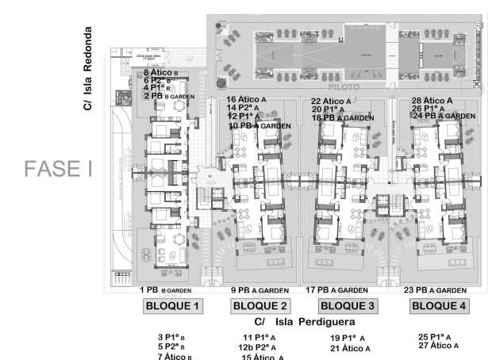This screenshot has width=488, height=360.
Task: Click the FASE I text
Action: [x=53, y=170]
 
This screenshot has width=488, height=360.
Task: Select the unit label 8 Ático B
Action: [x=161, y=73]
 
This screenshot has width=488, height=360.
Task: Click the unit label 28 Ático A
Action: [x=432, y=101]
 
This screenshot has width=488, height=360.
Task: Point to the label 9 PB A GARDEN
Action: [x=260, y=290]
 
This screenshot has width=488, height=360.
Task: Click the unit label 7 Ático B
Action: [x=175, y=356]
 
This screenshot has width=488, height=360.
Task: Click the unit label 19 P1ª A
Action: [x=347, y=338]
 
